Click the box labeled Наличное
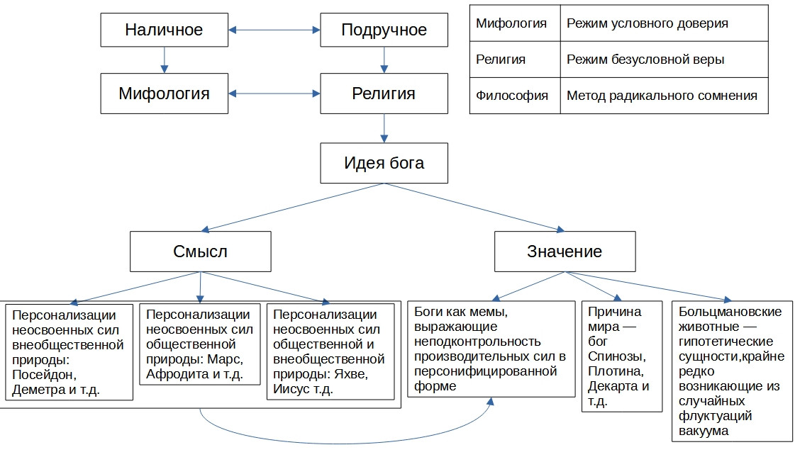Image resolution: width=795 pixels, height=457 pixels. pos(164,30)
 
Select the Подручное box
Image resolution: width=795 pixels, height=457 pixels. pos(384,30)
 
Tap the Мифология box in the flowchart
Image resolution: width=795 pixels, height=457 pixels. pos(164,93)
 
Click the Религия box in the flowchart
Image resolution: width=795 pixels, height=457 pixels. pos(384,93)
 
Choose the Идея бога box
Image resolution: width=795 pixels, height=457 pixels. pos(384,163)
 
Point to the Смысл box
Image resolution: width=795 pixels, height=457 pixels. pos(200,251)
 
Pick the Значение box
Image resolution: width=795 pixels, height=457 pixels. pos(564,251)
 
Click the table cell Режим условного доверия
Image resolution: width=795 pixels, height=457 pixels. pos(663,23)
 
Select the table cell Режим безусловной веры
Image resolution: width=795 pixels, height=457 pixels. pos(663,60)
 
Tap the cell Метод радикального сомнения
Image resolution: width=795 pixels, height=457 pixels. pos(663,96)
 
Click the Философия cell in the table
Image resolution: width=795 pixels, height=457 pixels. pos(512,96)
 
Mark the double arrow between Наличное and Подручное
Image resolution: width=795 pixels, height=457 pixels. pos(274,30)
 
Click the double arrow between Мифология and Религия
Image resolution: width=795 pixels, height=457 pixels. pos(274,93)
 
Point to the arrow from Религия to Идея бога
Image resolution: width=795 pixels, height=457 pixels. pos(384,128)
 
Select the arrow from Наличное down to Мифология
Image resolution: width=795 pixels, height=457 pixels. pos(164,60)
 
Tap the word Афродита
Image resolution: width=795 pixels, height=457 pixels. pos(175,375)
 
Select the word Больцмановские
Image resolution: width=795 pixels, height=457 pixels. pos(730,312)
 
